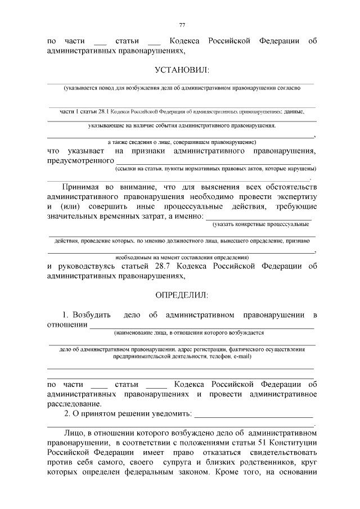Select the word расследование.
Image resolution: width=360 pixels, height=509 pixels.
coord(74,404)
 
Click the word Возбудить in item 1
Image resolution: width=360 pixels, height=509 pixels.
coord(91,314)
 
